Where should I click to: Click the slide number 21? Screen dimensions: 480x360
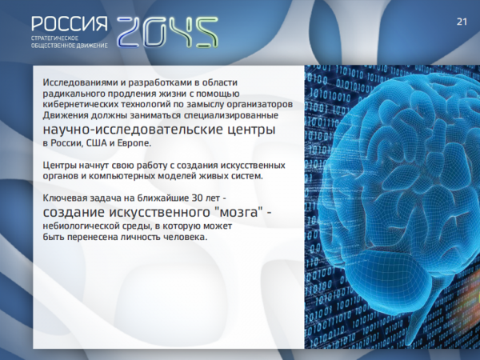(x=462, y=22)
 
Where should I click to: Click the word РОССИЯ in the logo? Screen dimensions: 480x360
(x=70, y=24)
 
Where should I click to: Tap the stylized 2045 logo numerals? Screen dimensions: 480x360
(x=167, y=32)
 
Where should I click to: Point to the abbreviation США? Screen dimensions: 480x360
(x=97, y=143)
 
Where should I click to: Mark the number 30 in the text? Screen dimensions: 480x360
(x=197, y=198)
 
